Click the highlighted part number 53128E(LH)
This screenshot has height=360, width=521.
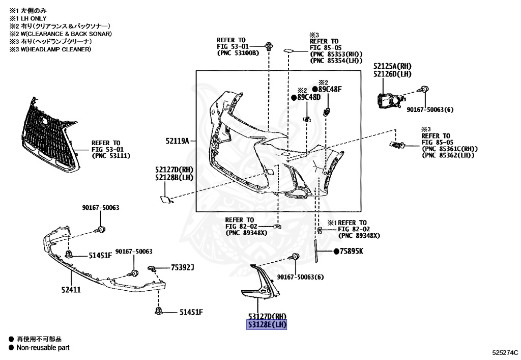point(267,325)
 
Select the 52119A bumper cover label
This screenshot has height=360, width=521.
point(177,141)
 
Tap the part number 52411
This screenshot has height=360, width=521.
point(71,289)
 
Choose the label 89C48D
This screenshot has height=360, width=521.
point(309,97)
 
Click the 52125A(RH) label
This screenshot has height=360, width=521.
point(392,66)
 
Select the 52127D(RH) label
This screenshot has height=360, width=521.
point(174,169)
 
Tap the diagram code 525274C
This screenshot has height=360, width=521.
point(504,352)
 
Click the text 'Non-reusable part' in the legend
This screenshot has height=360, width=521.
point(43,348)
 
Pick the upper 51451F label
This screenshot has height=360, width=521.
point(100,255)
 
